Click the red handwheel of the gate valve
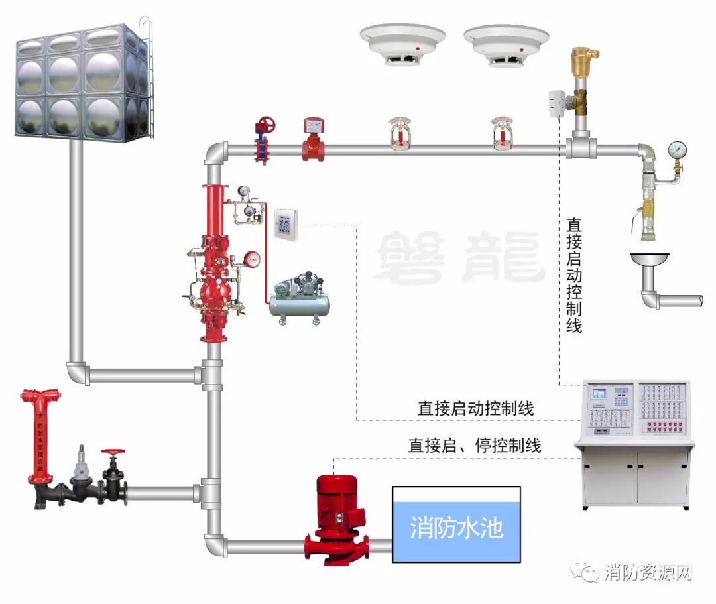pos(266,125)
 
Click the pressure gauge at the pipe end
pos(677,149)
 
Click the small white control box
pos(286,223)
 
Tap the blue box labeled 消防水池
pos(456,524)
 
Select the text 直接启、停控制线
pos(474,446)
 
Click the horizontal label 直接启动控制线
pos(475,408)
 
